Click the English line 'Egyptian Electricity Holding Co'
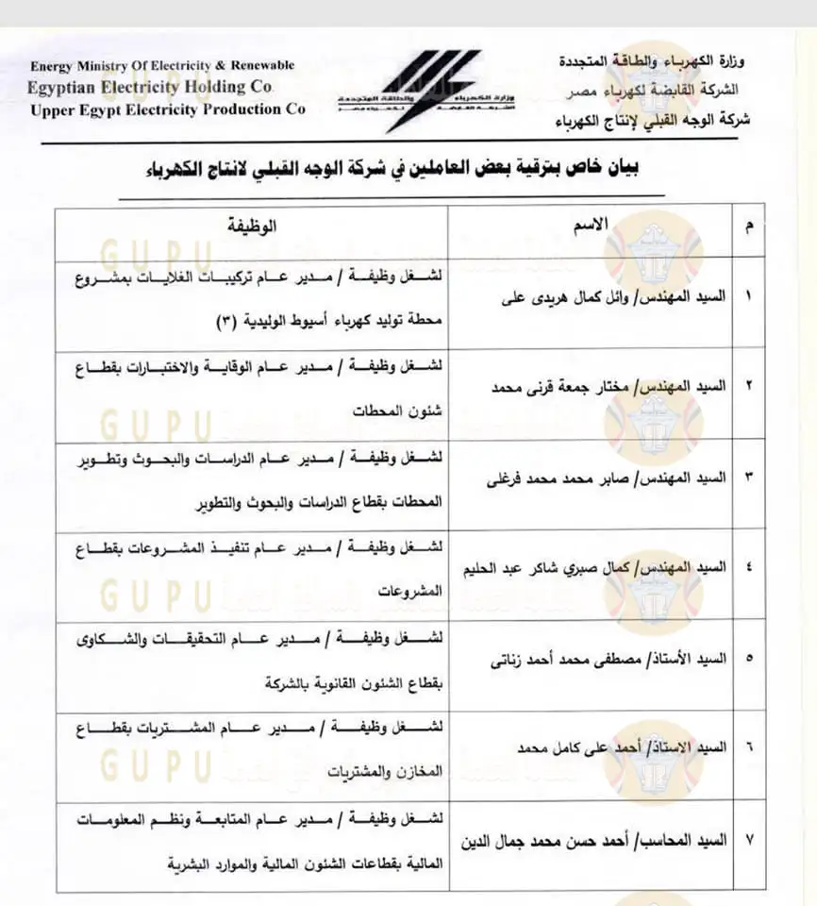tap(152, 87)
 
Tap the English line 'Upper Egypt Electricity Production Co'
tap(168, 109)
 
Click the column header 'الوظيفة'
tap(253, 226)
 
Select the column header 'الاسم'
tap(592, 225)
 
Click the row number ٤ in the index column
tap(748, 570)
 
